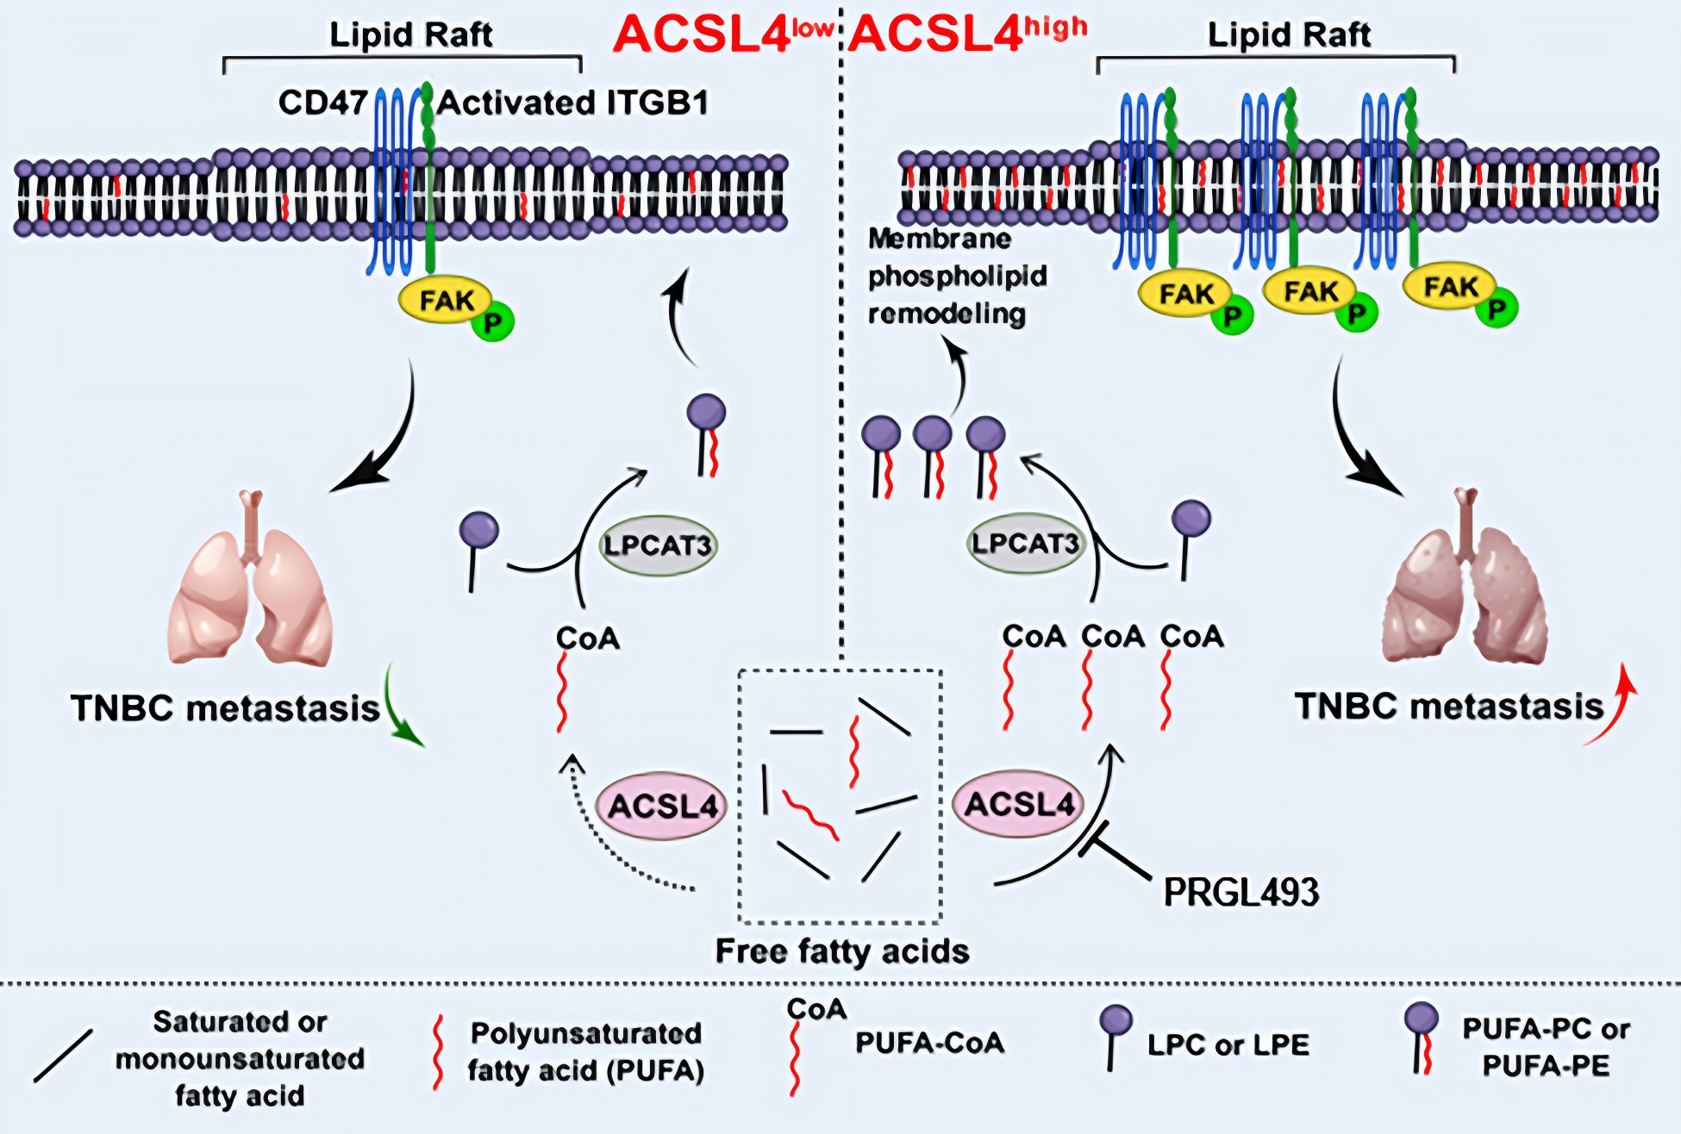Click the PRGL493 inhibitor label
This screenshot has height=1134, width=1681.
coord(1240,893)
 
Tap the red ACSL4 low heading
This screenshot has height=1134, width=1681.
coord(722,34)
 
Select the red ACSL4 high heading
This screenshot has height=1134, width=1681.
coord(966,34)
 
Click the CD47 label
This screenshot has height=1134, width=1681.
coord(322,103)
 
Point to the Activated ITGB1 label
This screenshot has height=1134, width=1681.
coord(573,103)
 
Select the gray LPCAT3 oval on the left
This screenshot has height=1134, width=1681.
coord(658,545)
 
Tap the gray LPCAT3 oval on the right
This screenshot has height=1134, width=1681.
coord(1025,544)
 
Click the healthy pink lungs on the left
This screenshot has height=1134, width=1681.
coord(250,586)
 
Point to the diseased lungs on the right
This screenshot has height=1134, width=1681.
coord(1465,586)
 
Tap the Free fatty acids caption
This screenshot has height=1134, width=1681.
coord(842,951)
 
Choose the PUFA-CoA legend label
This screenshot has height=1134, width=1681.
coord(929,1043)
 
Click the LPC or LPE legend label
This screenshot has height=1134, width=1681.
coord(1228,1045)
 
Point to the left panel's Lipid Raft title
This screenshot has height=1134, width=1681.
coord(410,35)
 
